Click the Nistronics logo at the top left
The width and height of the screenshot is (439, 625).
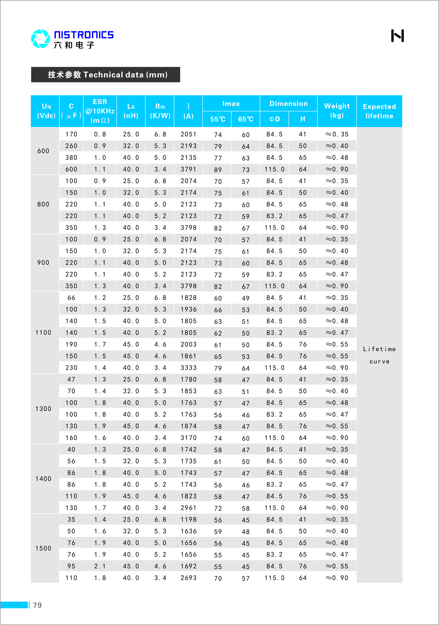(x=72, y=39)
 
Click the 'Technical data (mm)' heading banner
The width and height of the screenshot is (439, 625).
(x=105, y=75)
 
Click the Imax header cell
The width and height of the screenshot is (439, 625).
(x=231, y=104)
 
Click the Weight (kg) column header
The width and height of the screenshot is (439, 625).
(x=337, y=111)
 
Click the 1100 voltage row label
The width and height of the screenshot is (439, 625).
(x=43, y=333)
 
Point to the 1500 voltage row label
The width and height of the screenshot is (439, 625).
(x=43, y=548)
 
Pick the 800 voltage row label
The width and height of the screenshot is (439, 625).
(x=43, y=204)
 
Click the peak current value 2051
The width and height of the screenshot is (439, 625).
(x=189, y=134)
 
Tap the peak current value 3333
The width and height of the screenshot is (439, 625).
(x=189, y=368)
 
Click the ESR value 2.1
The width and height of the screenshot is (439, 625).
(x=100, y=566)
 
